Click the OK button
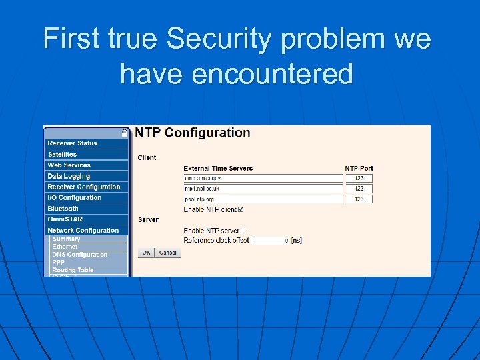(146, 253)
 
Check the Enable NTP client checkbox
(241, 209)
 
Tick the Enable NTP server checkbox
(243, 231)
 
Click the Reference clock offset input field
(270, 240)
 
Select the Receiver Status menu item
(86, 143)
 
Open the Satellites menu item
(86, 154)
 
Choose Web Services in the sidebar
(86, 165)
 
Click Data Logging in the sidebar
(86, 176)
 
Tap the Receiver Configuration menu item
(86, 187)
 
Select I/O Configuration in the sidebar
(86, 197)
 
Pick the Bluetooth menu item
(86, 209)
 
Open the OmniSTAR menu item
(86, 219)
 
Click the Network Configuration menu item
(86, 230)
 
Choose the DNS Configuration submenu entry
(80, 255)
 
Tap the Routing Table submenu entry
(73, 270)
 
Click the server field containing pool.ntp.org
(263, 199)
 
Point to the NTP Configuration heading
(193, 133)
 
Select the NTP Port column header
(359, 168)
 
